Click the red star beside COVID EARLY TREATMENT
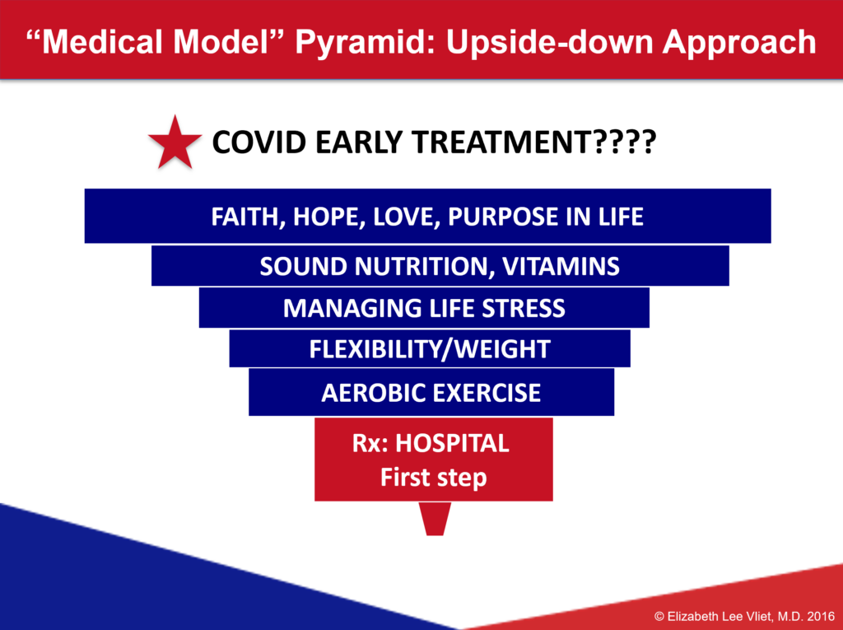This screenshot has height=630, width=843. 175,143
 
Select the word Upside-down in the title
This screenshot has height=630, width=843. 549,41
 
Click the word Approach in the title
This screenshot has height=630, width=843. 739,43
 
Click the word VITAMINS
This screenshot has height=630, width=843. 561,266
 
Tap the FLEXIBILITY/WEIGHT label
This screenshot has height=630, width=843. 430,349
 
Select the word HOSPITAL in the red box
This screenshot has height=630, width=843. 452,443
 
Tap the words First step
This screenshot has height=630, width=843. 433,477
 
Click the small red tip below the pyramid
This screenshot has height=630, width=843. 435,519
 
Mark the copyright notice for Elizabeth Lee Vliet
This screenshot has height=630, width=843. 744,617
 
